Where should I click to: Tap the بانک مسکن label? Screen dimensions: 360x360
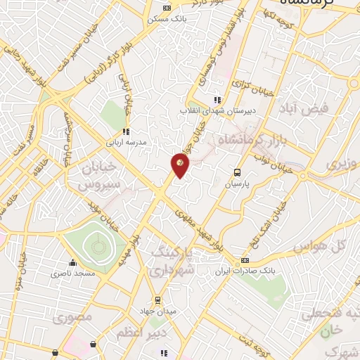pyautogui.click(x=165, y=19)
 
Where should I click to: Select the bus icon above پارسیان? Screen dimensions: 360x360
pyautogui.click(x=237, y=172)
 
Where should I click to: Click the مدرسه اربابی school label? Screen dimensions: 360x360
pyautogui.click(x=126, y=141)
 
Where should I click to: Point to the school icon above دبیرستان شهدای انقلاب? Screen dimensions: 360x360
pyautogui.click(x=217, y=100)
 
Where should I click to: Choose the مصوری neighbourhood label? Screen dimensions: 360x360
pyautogui.click(x=72, y=317)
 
